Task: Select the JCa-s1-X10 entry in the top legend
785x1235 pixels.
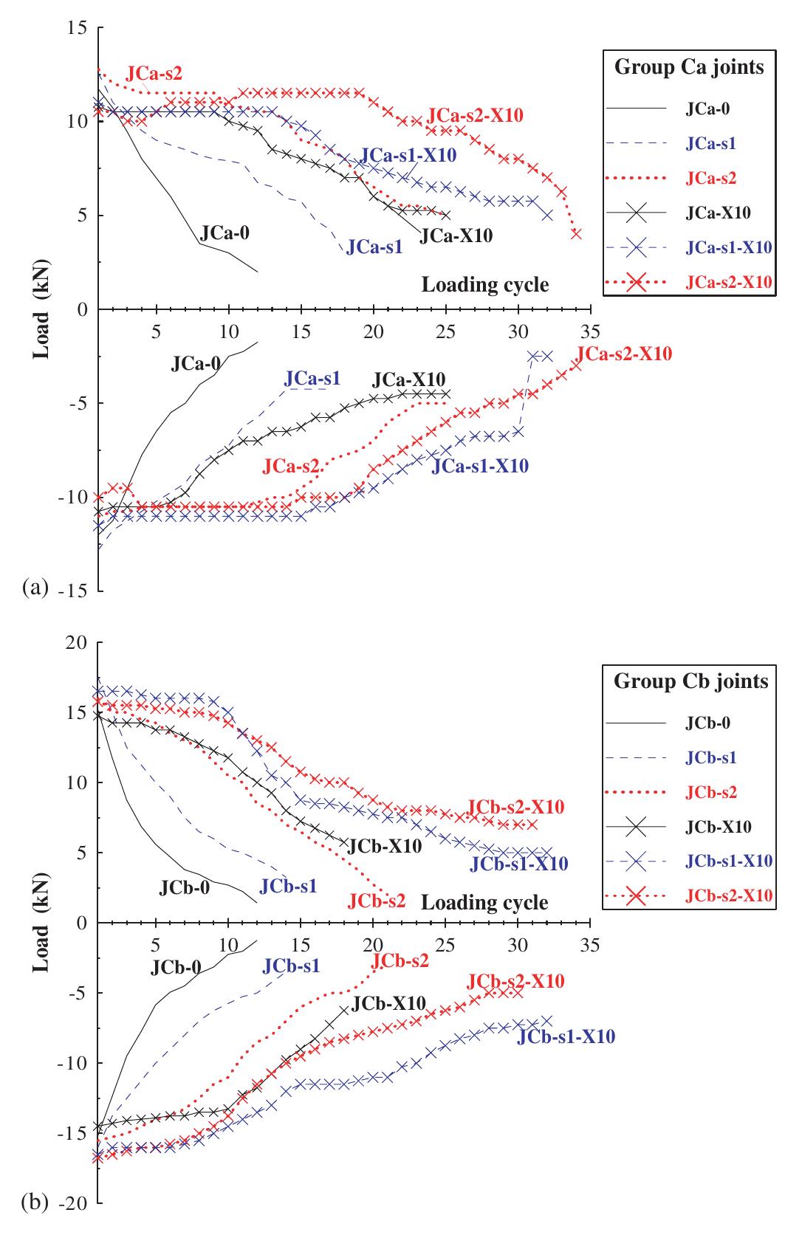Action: [x=727, y=247]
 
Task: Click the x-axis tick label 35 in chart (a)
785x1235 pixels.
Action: [x=589, y=328]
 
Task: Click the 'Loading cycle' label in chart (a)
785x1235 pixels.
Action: [x=484, y=285]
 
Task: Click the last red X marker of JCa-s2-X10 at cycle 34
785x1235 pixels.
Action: [x=576, y=234]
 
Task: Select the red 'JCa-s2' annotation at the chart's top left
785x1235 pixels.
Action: [x=154, y=73]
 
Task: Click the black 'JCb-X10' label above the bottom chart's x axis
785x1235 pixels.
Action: [x=383, y=846]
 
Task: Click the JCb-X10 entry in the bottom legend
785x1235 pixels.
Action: [x=713, y=827]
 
